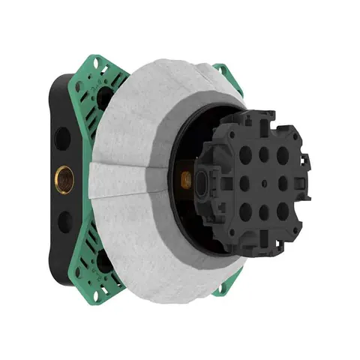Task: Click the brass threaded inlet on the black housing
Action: pos(64,180)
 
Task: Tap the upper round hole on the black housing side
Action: pos(62,138)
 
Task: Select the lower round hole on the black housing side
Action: pos(64,220)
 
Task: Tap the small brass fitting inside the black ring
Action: pos(185,179)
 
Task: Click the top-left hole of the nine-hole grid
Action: pos(245,155)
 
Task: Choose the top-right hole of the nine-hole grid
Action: pos(283,155)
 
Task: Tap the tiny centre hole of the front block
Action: pos(264,183)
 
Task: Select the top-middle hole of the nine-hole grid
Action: pos(264,154)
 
